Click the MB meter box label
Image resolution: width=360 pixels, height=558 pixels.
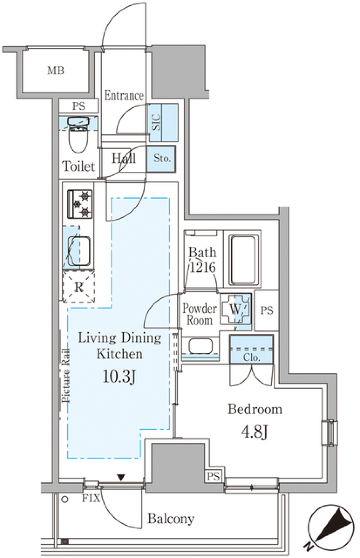(x=56, y=71)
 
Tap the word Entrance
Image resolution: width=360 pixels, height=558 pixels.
(x=124, y=95)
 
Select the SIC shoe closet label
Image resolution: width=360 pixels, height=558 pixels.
(x=156, y=122)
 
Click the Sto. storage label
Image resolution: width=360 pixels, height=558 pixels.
(x=162, y=158)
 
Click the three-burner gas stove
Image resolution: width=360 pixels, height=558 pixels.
(x=80, y=204)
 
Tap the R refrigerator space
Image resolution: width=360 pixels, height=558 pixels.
(x=79, y=287)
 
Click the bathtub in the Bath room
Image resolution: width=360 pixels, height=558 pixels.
(x=243, y=260)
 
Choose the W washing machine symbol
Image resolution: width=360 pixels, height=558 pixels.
(x=235, y=309)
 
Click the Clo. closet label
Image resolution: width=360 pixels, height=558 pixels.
(x=251, y=358)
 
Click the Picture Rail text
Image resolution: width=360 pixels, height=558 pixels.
(x=66, y=376)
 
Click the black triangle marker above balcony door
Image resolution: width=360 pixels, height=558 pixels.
(x=121, y=477)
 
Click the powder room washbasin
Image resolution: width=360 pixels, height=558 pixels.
(x=201, y=346)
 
